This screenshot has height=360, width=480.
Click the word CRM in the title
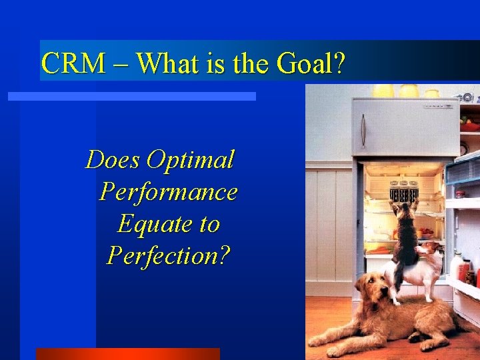click(73, 63)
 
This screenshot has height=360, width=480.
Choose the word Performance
click(168, 192)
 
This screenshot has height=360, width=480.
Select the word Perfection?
click(168, 255)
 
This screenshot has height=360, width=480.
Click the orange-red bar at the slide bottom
click(127, 353)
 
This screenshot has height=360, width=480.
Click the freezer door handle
click(363, 130)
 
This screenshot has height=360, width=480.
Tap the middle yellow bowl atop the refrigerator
click(408, 91)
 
